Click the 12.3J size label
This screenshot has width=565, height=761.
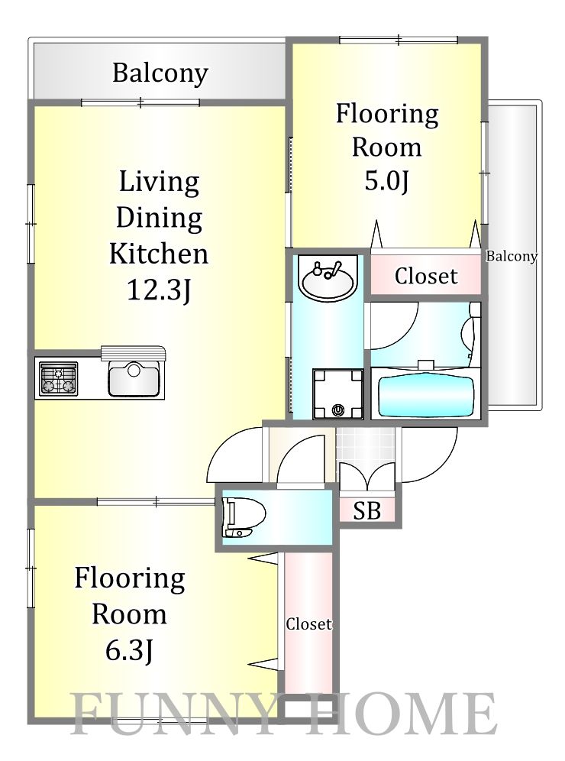pyautogui.click(x=159, y=290)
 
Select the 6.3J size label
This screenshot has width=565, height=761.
pyautogui.click(x=130, y=650)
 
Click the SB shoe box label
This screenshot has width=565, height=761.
pyautogui.click(x=366, y=510)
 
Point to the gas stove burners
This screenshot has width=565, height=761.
pyautogui.click(x=58, y=378)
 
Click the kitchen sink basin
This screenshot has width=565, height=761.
pyautogui.click(x=134, y=378)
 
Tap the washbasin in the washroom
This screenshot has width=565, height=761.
pyautogui.click(x=328, y=278)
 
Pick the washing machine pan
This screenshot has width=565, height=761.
pyautogui.click(x=337, y=394)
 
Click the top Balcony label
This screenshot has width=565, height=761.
pyautogui.click(x=160, y=73)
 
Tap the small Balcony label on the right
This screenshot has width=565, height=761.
pyautogui.click(x=512, y=256)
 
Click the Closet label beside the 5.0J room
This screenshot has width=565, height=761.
pyautogui.click(x=426, y=276)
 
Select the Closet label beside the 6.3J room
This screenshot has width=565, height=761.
pyautogui.click(x=308, y=623)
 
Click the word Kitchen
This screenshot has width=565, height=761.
pyautogui.click(x=159, y=254)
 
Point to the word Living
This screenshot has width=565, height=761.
pyautogui.click(x=159, y=183)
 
